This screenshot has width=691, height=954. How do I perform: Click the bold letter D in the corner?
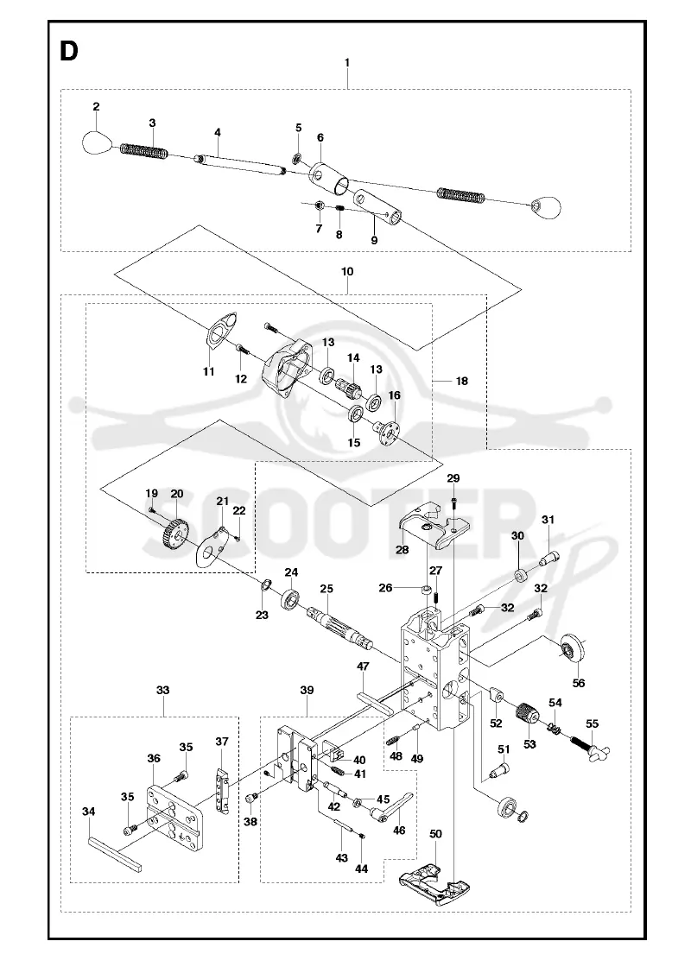coord(69,51)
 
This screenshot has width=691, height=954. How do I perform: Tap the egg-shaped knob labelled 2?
coord(97,143)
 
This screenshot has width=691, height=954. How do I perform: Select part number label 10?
coord(347,271)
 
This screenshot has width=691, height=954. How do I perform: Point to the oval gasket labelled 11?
coord(221,330)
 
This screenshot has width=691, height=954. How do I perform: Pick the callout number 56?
coord(579,683)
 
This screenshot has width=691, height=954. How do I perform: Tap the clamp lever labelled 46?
coord(392,809)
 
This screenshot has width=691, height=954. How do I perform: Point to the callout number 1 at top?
coord(347,63)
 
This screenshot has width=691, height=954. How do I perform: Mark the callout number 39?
coord(307,690)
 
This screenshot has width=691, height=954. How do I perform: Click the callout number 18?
coord(462,381)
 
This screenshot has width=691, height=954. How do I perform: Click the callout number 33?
coord(162,690)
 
